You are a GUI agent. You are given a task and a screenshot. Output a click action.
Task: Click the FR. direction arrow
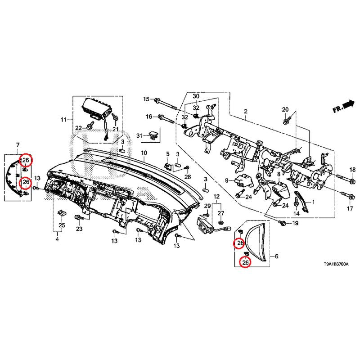(x=343, y=107)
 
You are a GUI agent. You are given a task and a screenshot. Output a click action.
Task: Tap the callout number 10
(x=144, y=153)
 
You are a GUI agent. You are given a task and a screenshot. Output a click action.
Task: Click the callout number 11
(x=63, y=120)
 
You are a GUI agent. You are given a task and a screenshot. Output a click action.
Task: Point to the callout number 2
(x=246, y=111)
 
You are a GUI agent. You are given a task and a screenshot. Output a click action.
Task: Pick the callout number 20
(x=285, y=110)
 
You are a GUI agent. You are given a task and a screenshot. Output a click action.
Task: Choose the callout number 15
(x=146, y=99)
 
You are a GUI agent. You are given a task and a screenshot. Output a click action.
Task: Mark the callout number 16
(x=149, y=117)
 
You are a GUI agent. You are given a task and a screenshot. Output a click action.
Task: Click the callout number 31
(x=139, y=135)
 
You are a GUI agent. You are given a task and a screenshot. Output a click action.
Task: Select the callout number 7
(x=18, y=144)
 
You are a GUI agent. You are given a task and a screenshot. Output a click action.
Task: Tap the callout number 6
(x=276, y=256)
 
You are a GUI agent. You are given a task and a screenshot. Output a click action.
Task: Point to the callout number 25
(x=62, y=225)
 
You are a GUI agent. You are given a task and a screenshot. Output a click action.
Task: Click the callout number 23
(x=79, y=229)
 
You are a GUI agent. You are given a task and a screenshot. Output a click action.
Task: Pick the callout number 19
(x=295, y=223)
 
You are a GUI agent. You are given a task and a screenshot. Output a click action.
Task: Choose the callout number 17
(x=350, y=209)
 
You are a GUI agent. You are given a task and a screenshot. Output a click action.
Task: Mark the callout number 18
(x=352, y=169)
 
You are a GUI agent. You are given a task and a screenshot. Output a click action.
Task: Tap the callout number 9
(x=228, y=180)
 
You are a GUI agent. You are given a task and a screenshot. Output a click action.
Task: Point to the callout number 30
(x=196, y=97)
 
